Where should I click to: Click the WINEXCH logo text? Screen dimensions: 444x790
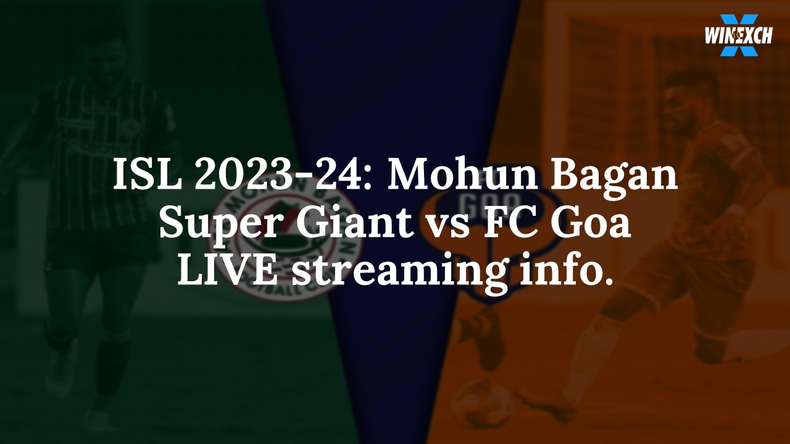[738, 36]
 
